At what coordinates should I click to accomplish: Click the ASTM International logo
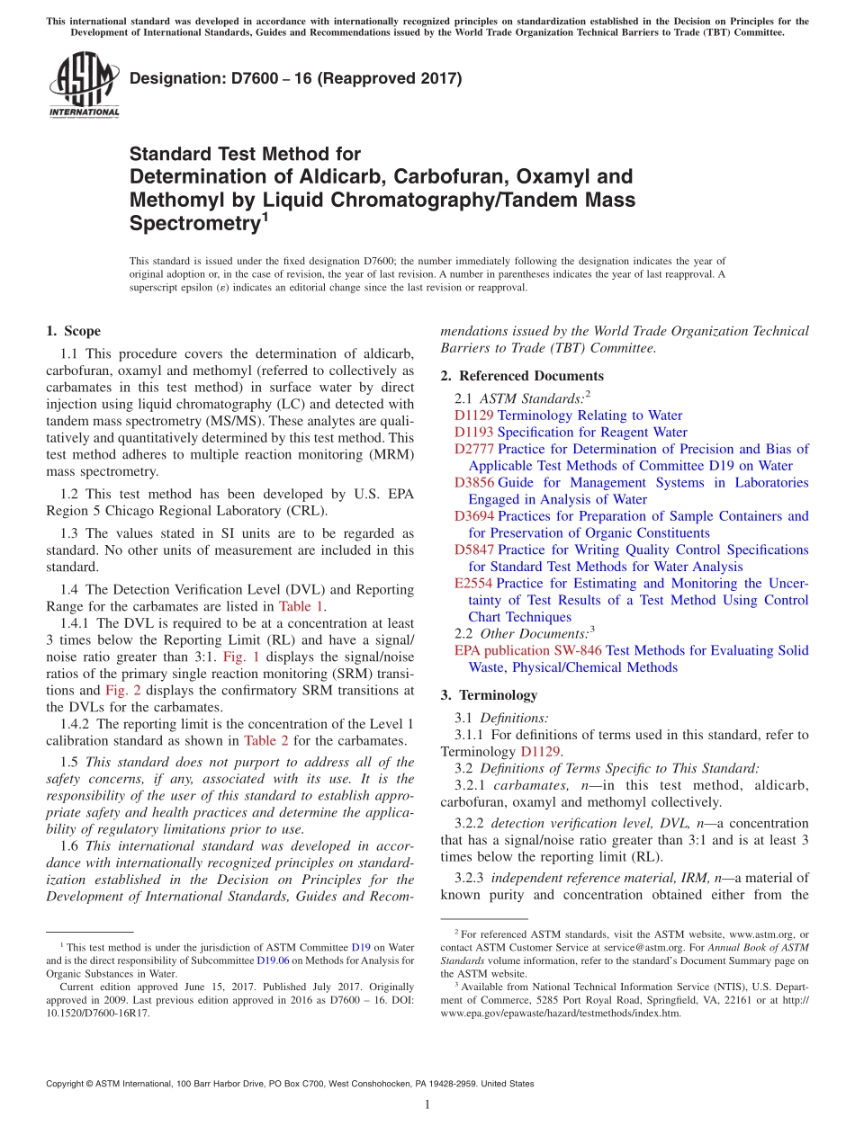coord(83,85)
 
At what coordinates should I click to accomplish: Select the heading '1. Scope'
coord(74,331)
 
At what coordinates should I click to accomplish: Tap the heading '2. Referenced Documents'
coord(522,376)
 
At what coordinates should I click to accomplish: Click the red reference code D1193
coord(473,432)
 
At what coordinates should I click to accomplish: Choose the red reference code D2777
coord(473,449)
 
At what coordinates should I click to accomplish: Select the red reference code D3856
coord(473,483)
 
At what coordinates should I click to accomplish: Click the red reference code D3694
coord(473,516)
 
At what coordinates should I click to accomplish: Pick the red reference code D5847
coord(473,550)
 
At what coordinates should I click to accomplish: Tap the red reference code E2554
coord(473,584)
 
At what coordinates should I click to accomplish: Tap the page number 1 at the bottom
coord(427,1104)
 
